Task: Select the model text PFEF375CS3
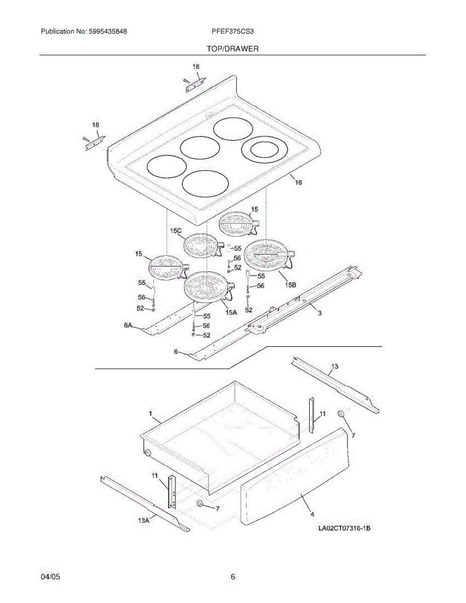point(233,32)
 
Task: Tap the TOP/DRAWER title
point(232,49)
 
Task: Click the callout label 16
point(298,183)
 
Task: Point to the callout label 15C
point(175,231)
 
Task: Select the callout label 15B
point(290,285)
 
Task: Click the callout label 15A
point(231,312)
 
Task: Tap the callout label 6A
point(128,326)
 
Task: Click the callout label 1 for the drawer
point(150,413)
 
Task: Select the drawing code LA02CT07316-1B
point(344,529)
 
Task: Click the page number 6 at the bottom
point(233,577)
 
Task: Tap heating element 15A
point(207,286)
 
